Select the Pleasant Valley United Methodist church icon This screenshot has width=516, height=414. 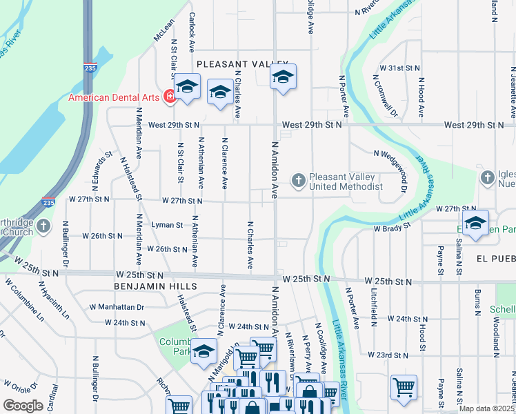point(298,181)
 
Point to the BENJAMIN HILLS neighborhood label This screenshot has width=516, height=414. point(157,286)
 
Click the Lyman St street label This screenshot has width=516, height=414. point(168,225)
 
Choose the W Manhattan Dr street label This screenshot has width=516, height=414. point(117,306)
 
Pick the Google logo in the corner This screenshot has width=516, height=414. point(23,405)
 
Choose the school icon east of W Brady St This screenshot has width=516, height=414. point(475,223)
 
